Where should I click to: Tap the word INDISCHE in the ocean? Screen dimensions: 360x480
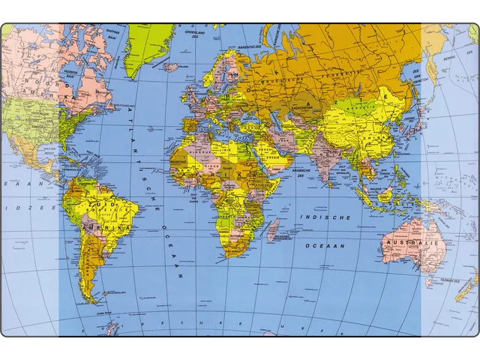pos(325,217)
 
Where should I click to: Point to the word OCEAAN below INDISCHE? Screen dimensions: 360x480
pos(324,245)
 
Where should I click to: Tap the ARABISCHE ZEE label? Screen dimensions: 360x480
pos(303,171)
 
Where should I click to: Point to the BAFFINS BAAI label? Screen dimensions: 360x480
pos(112,34)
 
